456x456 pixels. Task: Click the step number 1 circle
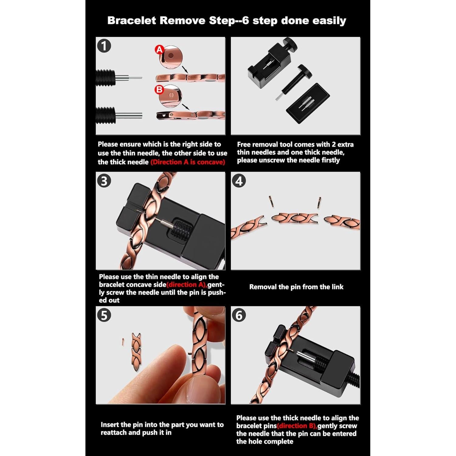point(104,46)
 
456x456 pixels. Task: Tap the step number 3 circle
point(104,181)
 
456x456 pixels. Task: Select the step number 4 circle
point(239,181)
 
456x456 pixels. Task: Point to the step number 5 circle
point(104,315)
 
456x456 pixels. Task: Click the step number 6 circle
point(239,315)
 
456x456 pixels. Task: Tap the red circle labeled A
point(159,50)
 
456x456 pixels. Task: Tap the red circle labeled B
point(159,90)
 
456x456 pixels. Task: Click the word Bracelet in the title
point(131,21)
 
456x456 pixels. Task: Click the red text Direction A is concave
point(188,162)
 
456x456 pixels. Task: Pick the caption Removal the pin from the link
point(296,287)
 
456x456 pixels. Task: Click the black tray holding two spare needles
point(308,103)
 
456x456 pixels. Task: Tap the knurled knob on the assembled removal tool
point(290,44)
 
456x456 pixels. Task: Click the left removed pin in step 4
point(271,201)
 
